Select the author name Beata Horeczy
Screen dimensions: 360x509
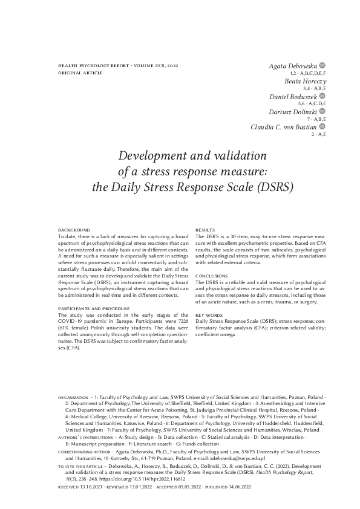pyautogui.click(x=305, y=80)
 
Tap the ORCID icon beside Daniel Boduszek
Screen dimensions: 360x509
pyautogui.click(x=322, y=96)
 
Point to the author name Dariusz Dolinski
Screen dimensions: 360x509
pyautogui.click(x=293, y=112)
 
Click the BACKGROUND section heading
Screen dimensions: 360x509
pyautogui.click(x=73, y=230)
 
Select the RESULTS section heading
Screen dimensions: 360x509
pyautogui.click(x=206, y=230)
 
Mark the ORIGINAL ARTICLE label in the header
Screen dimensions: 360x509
pyautogui.click(x=80, y=72)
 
